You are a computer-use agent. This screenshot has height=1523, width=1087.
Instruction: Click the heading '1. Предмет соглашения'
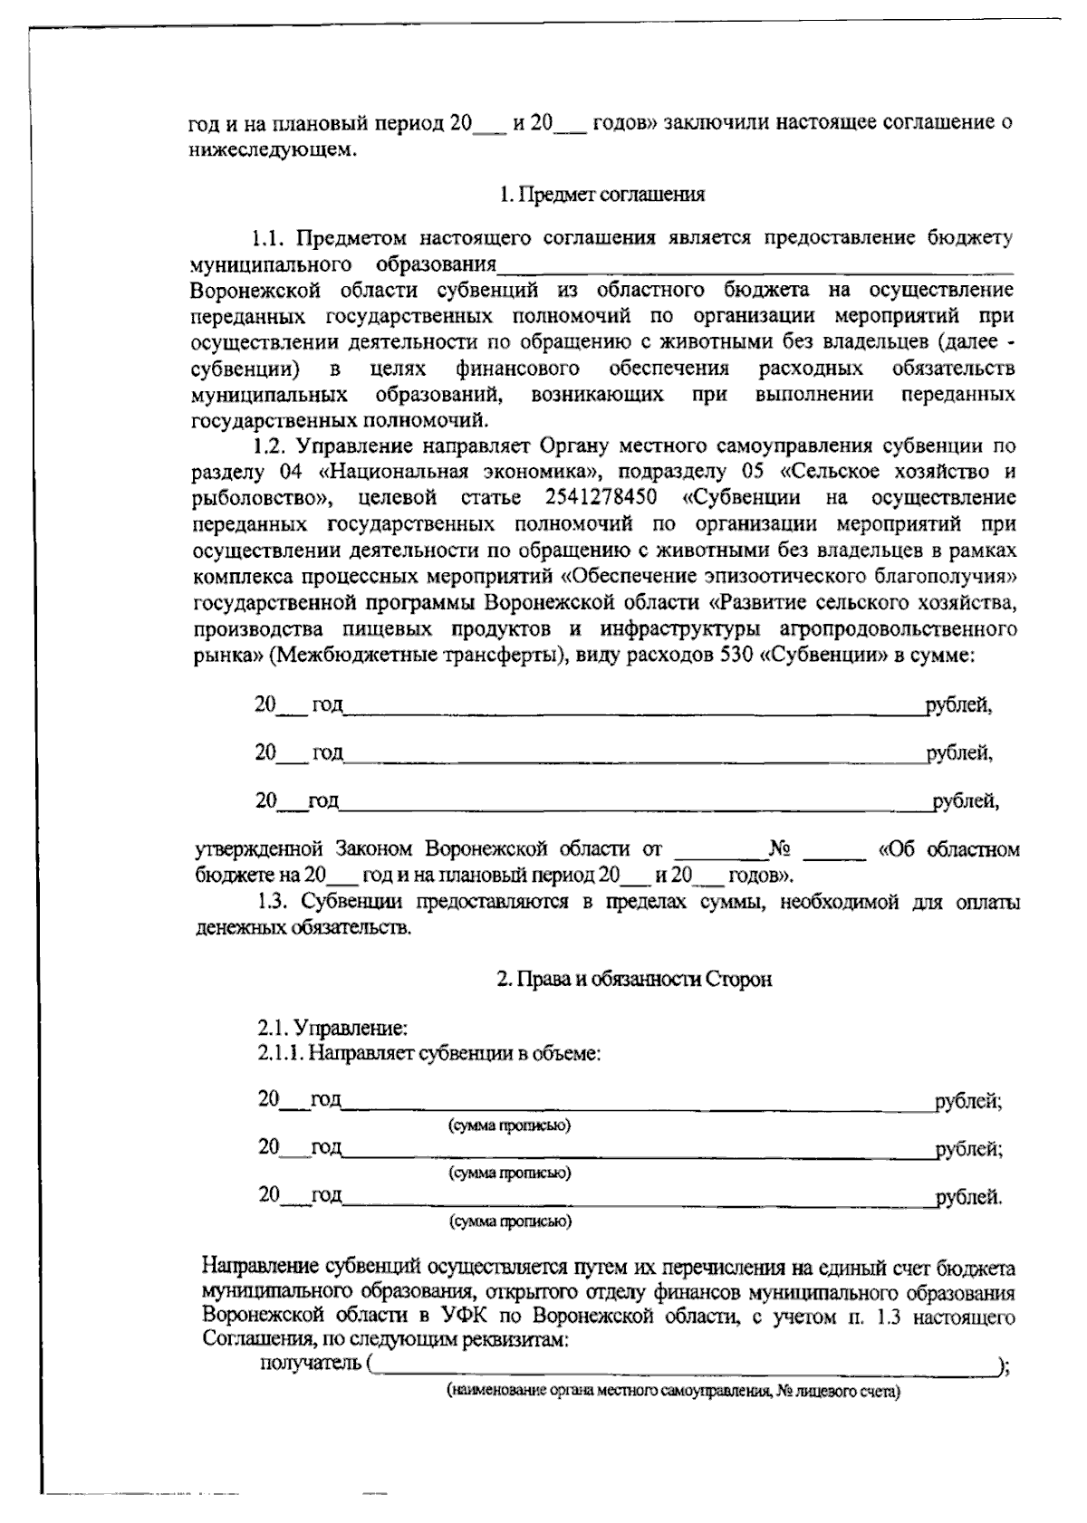[x=601, y=194]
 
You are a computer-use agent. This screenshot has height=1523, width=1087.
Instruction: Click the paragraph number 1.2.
[x=269, y=445]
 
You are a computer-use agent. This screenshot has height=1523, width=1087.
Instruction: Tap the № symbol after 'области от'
[x=781, y=849]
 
